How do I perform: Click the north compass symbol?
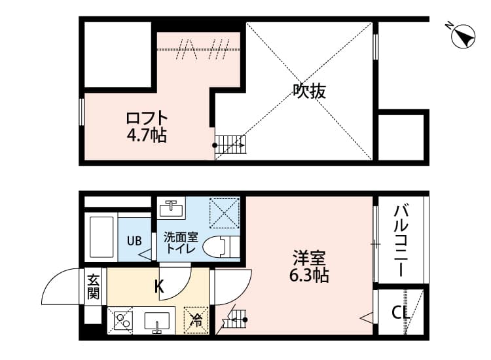click(x=464, y=37)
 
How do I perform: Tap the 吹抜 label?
click(x=309, y=92)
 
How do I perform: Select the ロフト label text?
click(x=147, y=119)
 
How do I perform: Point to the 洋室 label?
click(x=309, y=258)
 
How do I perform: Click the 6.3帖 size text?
click(x=309, y=275)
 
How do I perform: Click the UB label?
click(x=134, y=240)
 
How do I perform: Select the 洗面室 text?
click(x=179, y=237)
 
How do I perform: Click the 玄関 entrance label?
click(x=93, y=286)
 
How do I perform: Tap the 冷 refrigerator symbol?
click(x=196, y=319)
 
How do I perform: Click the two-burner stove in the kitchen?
click(x=122, y=321)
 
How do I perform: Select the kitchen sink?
click(x=157, y=321)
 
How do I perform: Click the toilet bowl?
click(x=219, y=247)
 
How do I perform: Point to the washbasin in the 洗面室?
click(x=172, y=209)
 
